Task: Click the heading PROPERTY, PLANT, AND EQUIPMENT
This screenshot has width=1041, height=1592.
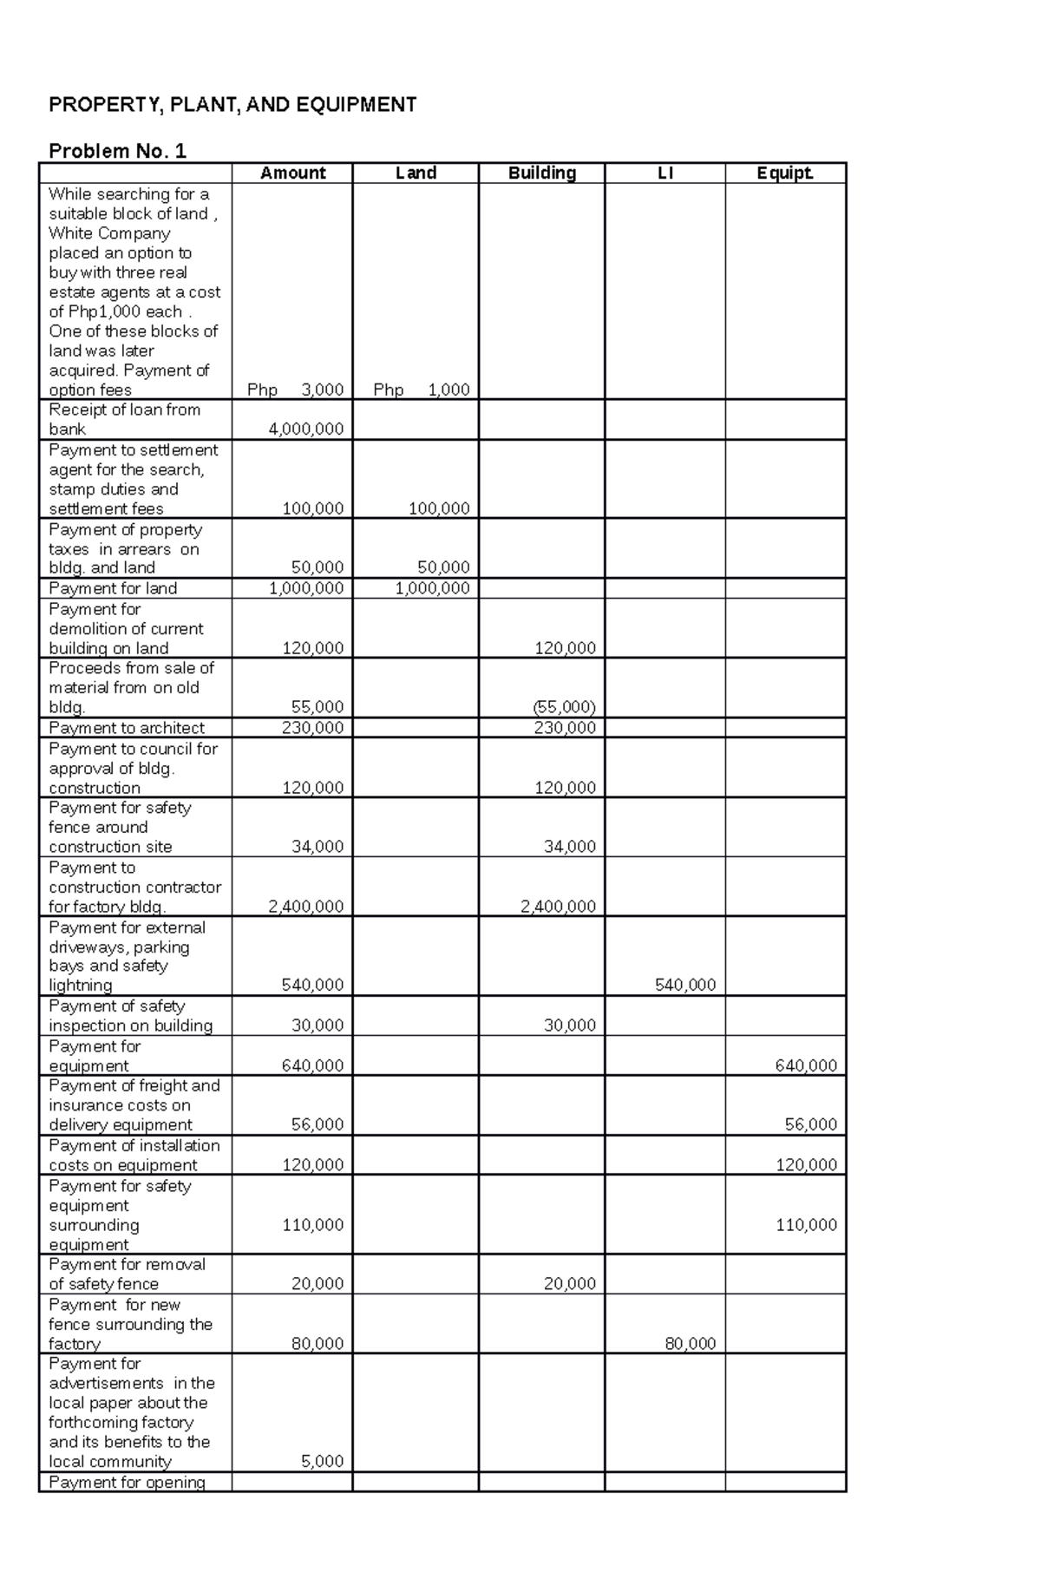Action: [x=232, y=105]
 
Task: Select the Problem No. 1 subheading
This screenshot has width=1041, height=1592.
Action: [x=117, y=151]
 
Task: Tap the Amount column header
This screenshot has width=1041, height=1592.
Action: [x=292, y=173]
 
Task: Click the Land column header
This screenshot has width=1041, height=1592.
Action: [x=416, y=173]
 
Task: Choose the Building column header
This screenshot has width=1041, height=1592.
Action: [x=541, y=173]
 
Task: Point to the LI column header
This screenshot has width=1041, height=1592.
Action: [x=665, y=173]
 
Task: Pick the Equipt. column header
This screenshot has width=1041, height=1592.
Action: [x=785, y=173]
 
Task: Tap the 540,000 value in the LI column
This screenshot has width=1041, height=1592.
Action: [x=684, y=985]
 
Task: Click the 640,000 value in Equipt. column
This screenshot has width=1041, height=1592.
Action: [x=806, y=1065]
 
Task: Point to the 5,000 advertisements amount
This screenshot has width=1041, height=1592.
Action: [x=322, y=1461]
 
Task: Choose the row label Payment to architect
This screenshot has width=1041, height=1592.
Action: [x=127, y=728]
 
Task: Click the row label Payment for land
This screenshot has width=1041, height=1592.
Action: [x=113, y=588]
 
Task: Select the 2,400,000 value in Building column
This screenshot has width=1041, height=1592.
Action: [x=557, y=906]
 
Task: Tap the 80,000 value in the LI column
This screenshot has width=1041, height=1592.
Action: [x=690, y=1343]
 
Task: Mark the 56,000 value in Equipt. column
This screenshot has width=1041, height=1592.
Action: [x=810, y=1124]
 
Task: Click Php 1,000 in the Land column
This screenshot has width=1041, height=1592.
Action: [x=422, y=390]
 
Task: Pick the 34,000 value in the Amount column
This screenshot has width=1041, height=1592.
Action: [x=317, y=846]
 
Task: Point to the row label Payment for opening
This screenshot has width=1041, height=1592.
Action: [x=127, y=1482]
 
